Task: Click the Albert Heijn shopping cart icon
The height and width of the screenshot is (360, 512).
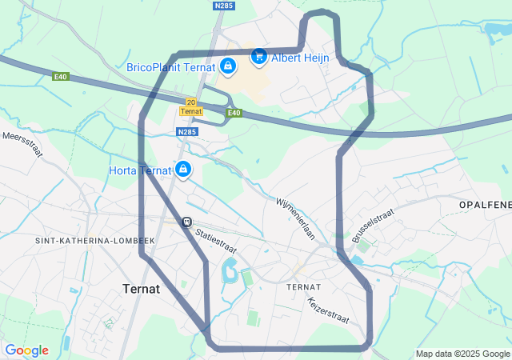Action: point(258,57)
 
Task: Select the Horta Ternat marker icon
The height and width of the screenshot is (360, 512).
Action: point(183,170)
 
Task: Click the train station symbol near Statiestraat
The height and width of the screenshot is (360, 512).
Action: point(186,222)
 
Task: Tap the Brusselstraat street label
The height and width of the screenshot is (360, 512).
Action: point(373,226)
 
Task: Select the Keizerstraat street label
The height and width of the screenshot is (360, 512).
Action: point(328,310)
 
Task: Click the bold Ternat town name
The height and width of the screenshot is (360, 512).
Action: point(142,288)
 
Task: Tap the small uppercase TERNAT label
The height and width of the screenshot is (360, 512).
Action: point(303,286)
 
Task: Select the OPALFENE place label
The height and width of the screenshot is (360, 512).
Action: point(485,206)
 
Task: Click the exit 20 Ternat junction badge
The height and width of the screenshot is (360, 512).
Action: point(190,106)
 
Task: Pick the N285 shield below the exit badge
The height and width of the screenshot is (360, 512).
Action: point(186,132)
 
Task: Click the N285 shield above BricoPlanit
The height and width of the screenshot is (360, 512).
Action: point(223,6)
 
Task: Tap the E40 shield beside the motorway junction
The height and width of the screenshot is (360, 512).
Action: point(234,113)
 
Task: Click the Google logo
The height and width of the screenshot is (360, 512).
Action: point(26,350)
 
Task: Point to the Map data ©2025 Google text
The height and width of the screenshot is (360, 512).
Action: point(462,354)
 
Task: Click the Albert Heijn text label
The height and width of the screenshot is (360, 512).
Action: point(300,58)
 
